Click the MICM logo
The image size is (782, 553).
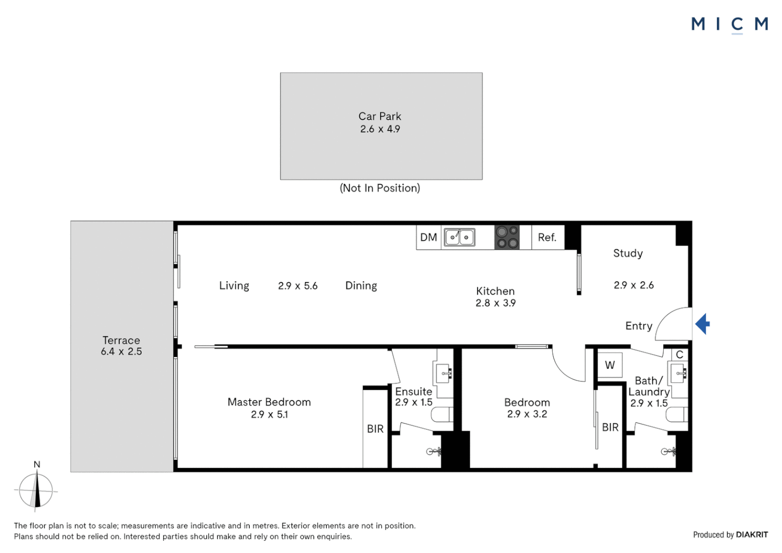(729, 24)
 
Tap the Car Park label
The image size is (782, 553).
(380, 117)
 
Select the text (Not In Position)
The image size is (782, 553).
(380, 188)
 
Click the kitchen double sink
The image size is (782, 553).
(459, 238)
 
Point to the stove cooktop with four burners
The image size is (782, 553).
(507, 238)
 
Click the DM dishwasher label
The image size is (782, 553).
(428, 238)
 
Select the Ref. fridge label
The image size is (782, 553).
(547, 238)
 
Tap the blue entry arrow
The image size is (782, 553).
(703, 324)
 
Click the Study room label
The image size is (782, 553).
(628, 253)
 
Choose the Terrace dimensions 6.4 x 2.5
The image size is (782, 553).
(121, 352)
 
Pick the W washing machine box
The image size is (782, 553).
(610, 365)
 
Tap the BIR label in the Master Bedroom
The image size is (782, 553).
(375, 429)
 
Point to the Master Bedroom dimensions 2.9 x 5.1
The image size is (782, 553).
(269, 415)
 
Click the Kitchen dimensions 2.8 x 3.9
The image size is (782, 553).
(495, 303)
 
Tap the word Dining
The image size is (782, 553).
(361, 286)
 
